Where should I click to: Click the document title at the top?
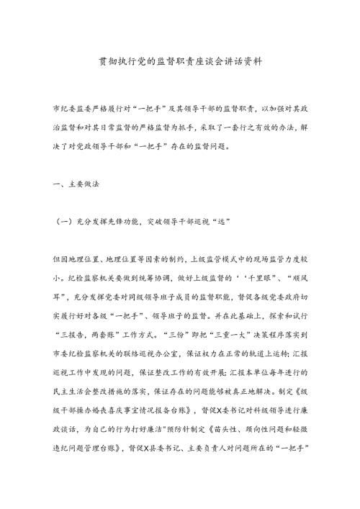[180, 63]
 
